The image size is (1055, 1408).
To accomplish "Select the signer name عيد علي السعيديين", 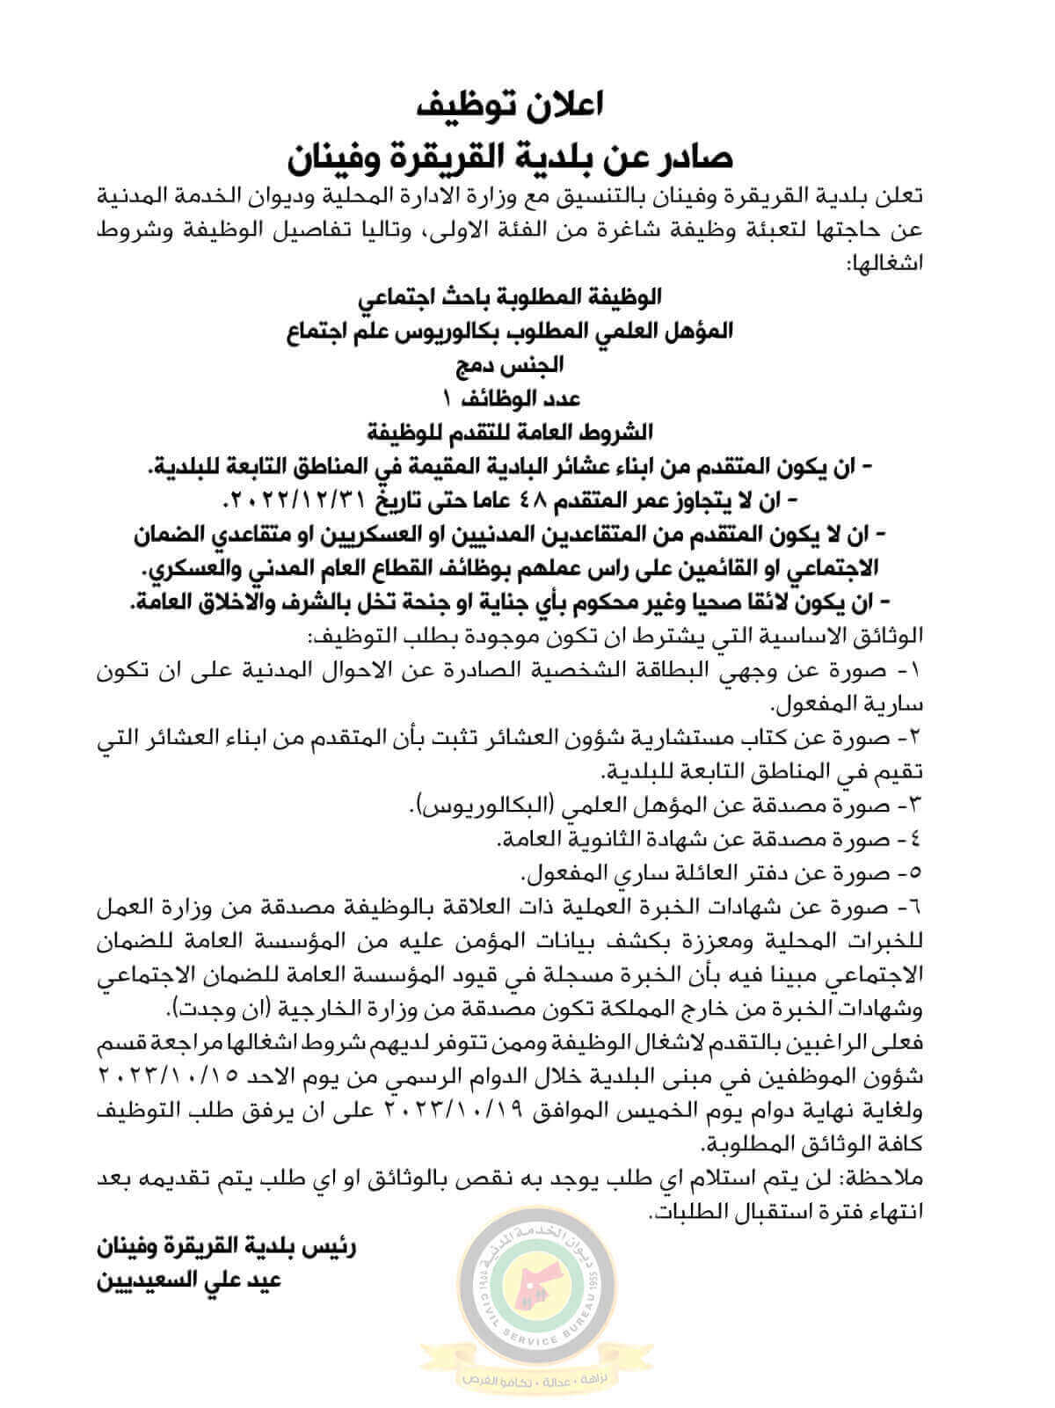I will [192, 1280].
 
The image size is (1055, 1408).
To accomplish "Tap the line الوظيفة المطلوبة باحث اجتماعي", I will [520, 298].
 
